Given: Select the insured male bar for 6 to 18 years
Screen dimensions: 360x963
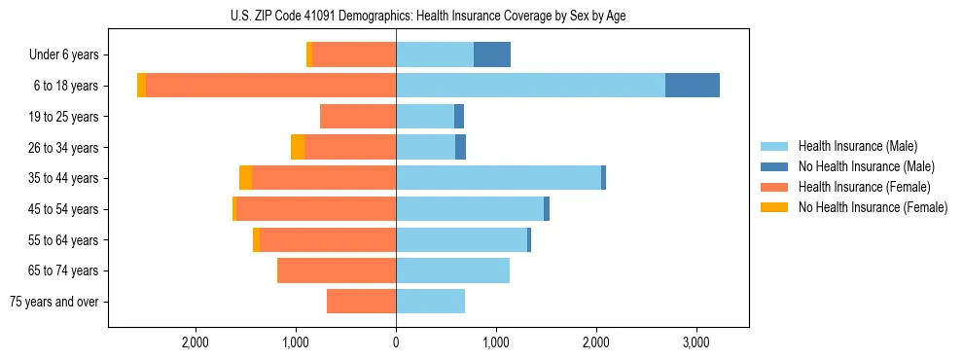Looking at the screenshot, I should click(x=530, y=86).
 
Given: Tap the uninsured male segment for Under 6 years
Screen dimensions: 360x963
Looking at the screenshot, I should click(x=492, y=54).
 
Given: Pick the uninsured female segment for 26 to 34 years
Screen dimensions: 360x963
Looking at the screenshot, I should click(x=298, y=147).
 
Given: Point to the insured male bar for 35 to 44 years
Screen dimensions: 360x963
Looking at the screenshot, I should click(x=498, y=178).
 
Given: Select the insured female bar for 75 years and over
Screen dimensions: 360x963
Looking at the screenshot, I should click(x=361, y=302).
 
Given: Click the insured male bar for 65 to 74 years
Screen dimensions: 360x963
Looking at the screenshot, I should click(x=452, y=270).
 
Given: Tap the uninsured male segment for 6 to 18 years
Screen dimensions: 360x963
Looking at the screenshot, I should click(x=693, y=86).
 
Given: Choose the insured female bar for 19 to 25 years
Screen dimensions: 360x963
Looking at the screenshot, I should click(x=358, y=117).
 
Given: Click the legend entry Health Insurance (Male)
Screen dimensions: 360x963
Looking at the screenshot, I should click(x=857, y=146).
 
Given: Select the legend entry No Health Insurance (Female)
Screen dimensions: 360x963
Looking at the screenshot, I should click(x=873, y=207).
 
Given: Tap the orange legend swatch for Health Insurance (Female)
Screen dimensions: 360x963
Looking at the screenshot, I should click(x=775, y=187).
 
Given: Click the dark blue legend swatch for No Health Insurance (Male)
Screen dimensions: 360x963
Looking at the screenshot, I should click(x=775, y=166).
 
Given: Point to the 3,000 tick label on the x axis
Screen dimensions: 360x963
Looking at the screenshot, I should click(x=696, y=342).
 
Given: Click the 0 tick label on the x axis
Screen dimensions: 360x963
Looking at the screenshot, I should click(x=396, y=342).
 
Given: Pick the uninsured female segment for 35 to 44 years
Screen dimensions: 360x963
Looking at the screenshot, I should click(x=245, y=178).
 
